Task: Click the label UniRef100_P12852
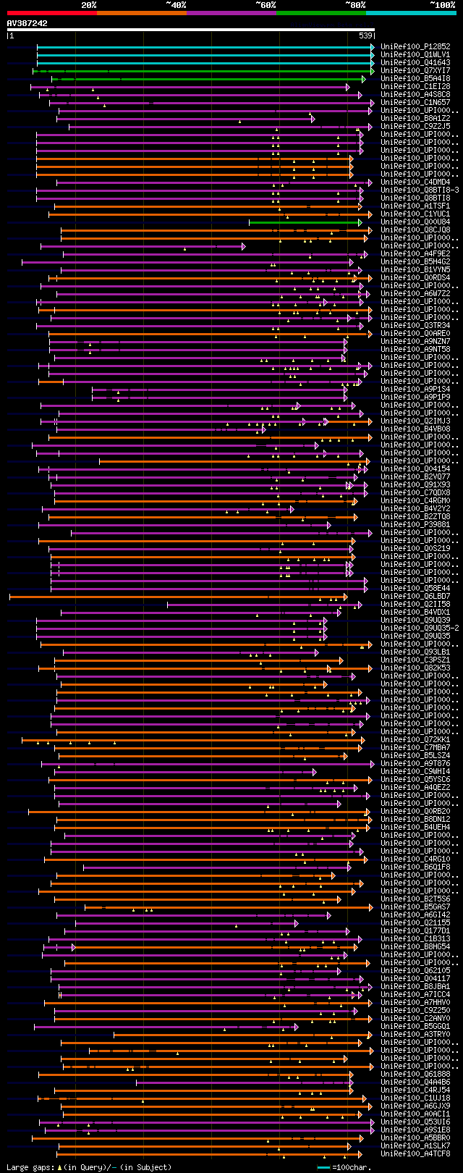(x=415, y=46)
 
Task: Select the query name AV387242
(x=27, y=23)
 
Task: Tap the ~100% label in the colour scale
(x=442, y=5)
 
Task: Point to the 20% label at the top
(x=89, y=5)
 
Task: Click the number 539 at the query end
(x=365, y=35)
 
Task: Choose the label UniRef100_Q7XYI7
(x=415, y=70)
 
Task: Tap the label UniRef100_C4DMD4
(x=415, y=182)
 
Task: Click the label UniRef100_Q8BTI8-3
(x=420, y=190)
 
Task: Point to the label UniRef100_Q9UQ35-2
(x=420, y=628)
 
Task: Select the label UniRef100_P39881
(x=415, y=524)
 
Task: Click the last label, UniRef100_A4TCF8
(x=415, y=1153)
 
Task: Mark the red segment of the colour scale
(x=51, y=12)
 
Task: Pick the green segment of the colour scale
(x=320, y=12)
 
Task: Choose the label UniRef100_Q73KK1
(x=415, y=739)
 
